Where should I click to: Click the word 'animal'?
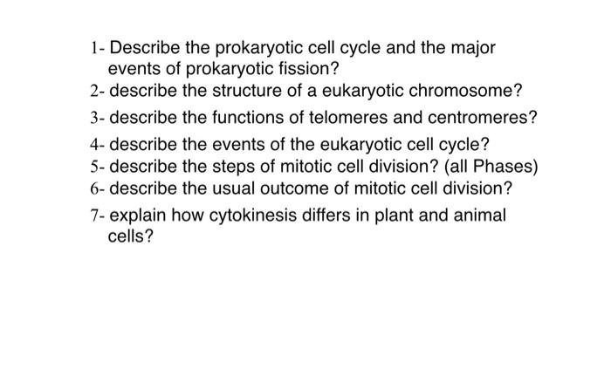(x=478, y=215)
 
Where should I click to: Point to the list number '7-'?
(x=97, y=215)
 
